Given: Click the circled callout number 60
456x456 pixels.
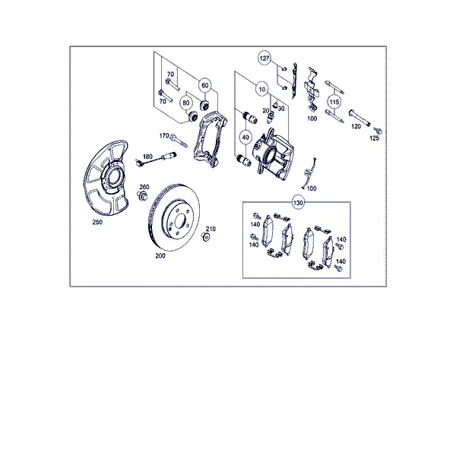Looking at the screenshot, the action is [x=205, y=85].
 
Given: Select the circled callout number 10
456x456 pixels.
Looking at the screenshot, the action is [x=262, y=89].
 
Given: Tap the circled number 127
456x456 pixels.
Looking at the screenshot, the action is [x=264, y=59].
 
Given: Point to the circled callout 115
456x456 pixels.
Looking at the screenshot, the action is [x=334, y=102].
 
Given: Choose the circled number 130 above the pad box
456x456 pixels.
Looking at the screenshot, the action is [x=298, y=202].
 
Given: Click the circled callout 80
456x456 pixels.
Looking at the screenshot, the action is [x=186, y=103].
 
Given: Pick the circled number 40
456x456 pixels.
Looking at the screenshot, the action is [x=245, y=138].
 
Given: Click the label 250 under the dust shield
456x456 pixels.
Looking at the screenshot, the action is [x=97, y=222].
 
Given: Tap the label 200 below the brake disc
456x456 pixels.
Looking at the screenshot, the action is [x=160, y=255].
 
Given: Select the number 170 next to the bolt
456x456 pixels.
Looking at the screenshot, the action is [x=164, y=136].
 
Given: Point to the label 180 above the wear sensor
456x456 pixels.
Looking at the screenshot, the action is [x=147, y=157].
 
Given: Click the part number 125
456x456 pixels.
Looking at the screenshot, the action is [x=374, y=138].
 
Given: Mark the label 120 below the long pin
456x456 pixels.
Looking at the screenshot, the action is [x=356, y=126].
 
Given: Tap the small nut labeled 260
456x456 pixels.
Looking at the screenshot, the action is [x=142, y=195].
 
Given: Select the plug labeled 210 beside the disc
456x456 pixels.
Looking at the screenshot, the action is [x=206, y=236].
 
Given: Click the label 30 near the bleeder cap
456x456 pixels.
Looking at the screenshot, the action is [x=281, y=109].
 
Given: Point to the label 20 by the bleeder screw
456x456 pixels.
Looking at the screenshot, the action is [x=265, y=111].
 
